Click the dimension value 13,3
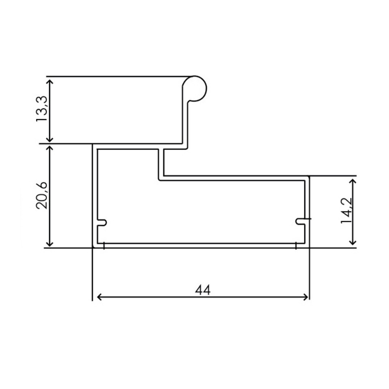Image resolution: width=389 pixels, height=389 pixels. click(x=42, y=109)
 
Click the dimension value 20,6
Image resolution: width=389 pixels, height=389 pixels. click(x=42, y=195)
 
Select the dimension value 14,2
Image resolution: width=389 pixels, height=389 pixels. click(x=346, y=211)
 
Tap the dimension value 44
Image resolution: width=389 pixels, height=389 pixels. click(x=203, y=290)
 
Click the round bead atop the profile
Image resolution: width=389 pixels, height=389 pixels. click(x=194, y=88)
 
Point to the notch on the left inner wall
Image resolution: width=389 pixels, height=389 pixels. click(x=103, y=222)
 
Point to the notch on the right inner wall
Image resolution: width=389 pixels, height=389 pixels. click(x=300, y=220)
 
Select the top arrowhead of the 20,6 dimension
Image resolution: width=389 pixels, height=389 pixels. click(x=50, y=148)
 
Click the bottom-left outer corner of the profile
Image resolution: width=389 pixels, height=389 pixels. click(x=93, y=247)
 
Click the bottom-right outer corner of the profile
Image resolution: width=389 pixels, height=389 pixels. click(x=310, y=247)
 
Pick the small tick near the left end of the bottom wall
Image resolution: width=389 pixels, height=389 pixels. click(x=105, y=246)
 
